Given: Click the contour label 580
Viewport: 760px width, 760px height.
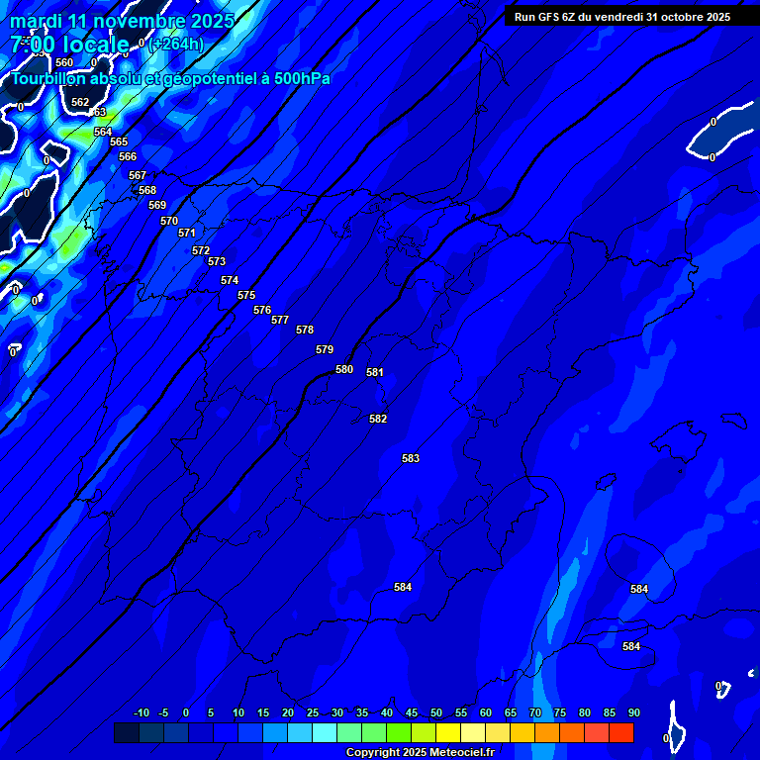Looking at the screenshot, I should click(x=344, y=369).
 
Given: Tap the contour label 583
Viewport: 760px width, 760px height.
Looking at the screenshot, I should click(x=411, y=458).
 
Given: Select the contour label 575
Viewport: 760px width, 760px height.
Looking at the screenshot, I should click(x=246, y=296).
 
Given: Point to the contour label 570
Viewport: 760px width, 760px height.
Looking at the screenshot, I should click(x=169, y=221).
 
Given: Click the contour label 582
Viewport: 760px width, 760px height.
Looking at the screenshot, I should click(x=378, y=419).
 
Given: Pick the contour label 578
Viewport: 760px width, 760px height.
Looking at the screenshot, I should click(x=305, y=330).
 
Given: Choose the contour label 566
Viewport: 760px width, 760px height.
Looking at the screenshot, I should click(x=128, y=156).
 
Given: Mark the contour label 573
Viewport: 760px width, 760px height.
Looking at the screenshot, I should click(x=217, y=261).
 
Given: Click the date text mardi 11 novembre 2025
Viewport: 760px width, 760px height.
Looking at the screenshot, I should click(x=122, y=21).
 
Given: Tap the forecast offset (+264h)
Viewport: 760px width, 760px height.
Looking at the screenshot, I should click(x=177, y=44).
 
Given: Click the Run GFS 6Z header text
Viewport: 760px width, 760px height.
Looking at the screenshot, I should click(x=622, y=17).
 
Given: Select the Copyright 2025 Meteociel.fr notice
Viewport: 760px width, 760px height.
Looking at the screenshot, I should click(x=420, y=753).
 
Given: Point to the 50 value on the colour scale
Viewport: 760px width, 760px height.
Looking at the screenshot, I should click(x=436, y=712).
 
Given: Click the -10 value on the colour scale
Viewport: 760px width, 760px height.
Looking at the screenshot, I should click(x=142, y=712).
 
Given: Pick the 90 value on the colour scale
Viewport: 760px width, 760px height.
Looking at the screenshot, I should click(x=634, y=712).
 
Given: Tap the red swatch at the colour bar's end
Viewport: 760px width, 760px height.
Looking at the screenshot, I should click(x=621, y=733).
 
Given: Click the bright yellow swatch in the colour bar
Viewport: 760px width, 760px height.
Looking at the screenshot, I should click(x=448, y=733).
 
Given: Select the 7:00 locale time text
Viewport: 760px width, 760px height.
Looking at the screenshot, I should click(x=69, y=45).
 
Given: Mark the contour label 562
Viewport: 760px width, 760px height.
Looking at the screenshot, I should click(x=80, y=102).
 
